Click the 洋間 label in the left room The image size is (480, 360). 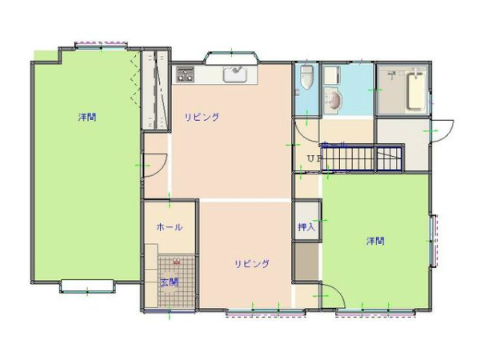(x=87, y=117)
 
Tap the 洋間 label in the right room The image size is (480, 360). (x=376, y=241)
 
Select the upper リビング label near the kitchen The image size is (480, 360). (x=202, y=117)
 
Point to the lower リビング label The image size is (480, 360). (x=252, y=263)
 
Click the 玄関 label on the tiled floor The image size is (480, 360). (x=170, y=282)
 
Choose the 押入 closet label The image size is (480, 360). (x=306, y=227)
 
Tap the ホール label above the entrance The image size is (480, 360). (x=170, y=227)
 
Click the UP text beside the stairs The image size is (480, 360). (x=314, y=158)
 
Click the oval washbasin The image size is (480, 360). (x=333, y=99)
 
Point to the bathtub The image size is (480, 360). (x=416, y=91)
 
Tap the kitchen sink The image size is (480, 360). (x=235, y=74)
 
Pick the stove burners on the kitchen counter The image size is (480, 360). (x=186, y=74)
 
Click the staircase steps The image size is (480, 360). (x=362, y=158)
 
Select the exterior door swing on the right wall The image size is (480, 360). (x=442, y=130)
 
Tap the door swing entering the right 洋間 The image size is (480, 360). (x=334, y=294)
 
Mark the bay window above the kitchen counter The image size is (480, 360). (x=232, y=58)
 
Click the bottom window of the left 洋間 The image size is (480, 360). (x=87, y=286)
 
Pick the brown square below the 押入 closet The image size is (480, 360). (x=306, y=262)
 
